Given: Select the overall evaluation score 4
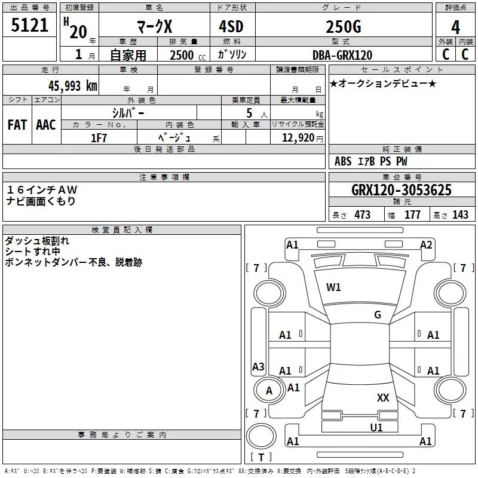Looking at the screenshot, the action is point(455,27).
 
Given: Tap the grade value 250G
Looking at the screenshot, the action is point(343,27).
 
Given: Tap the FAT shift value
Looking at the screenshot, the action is point(17,125).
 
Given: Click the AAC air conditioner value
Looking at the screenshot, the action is point(46,125).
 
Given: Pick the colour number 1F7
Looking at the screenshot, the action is point(99,138).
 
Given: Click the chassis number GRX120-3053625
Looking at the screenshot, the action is point(402,190).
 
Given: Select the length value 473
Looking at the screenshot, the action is point(362,215).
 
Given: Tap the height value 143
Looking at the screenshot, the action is point(460,215).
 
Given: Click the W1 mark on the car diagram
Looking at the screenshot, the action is point(333,287).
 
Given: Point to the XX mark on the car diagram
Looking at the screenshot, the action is point(383,397).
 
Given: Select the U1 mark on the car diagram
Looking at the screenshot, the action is point(376,427).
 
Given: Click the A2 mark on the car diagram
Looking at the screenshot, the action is point(426,244).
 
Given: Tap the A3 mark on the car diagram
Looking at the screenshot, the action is point(258,366).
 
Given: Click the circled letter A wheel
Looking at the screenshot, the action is point(269,391).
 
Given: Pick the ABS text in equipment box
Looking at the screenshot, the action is point(343,161).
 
